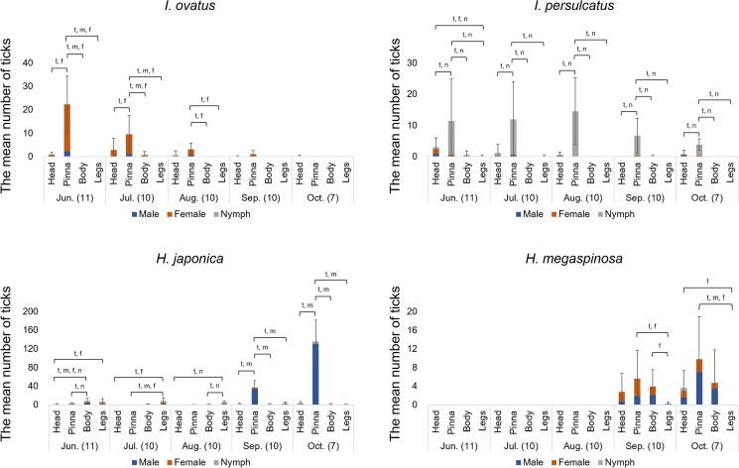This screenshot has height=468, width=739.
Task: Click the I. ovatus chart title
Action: pyautogui.click(x=185, y=10)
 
